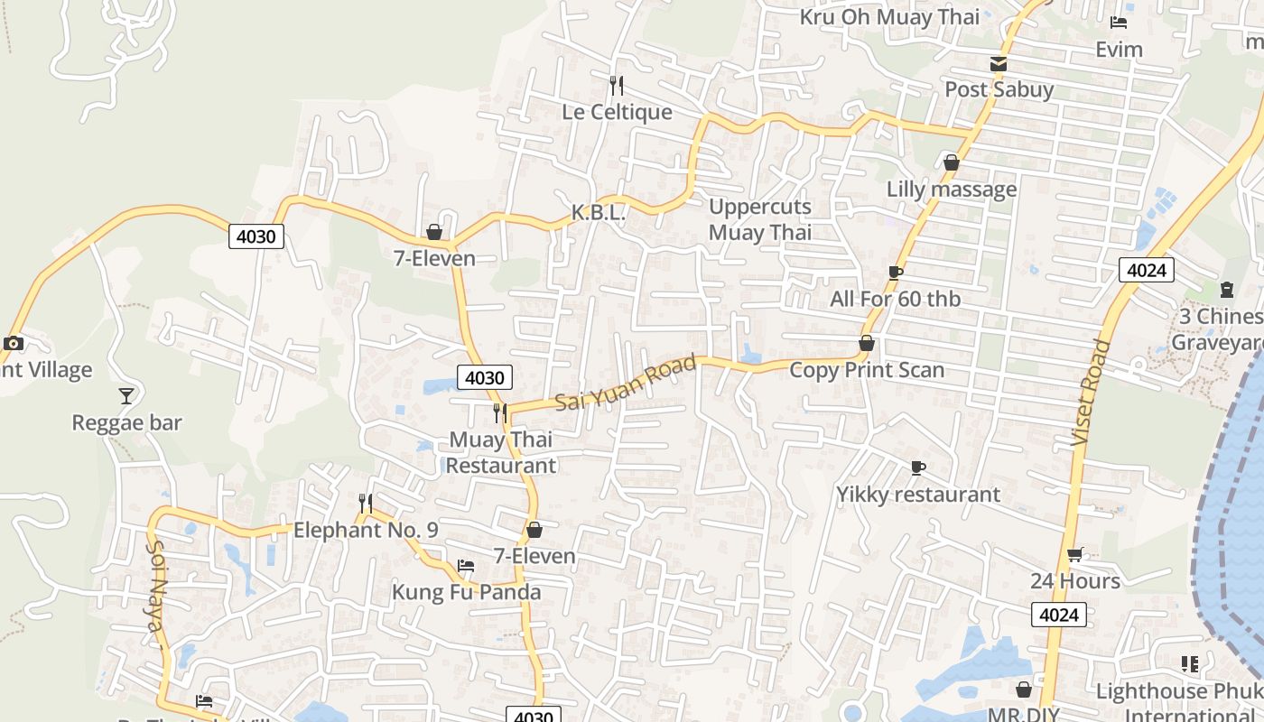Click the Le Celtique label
click(617, 112)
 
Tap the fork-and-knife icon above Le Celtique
click(617, 86)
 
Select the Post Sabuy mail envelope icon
click(999, 64)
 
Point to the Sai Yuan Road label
click(626, 384)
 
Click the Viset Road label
click(1090, 392)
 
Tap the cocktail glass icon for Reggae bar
click(126, 395)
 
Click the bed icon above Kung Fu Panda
click(466, 566)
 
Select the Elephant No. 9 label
click(366, 530)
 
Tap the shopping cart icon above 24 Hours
click(1075, 554)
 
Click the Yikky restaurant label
click(918, 495)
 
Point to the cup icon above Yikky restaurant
click(918, 467)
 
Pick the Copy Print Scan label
click(867, 370)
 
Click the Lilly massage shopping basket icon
click(951, 162)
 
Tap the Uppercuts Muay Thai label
click(760, 219)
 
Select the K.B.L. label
click(599, 213)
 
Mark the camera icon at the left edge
click(13, 343)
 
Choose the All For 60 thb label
click(896, 299)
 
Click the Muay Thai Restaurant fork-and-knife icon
click(500, 413)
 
